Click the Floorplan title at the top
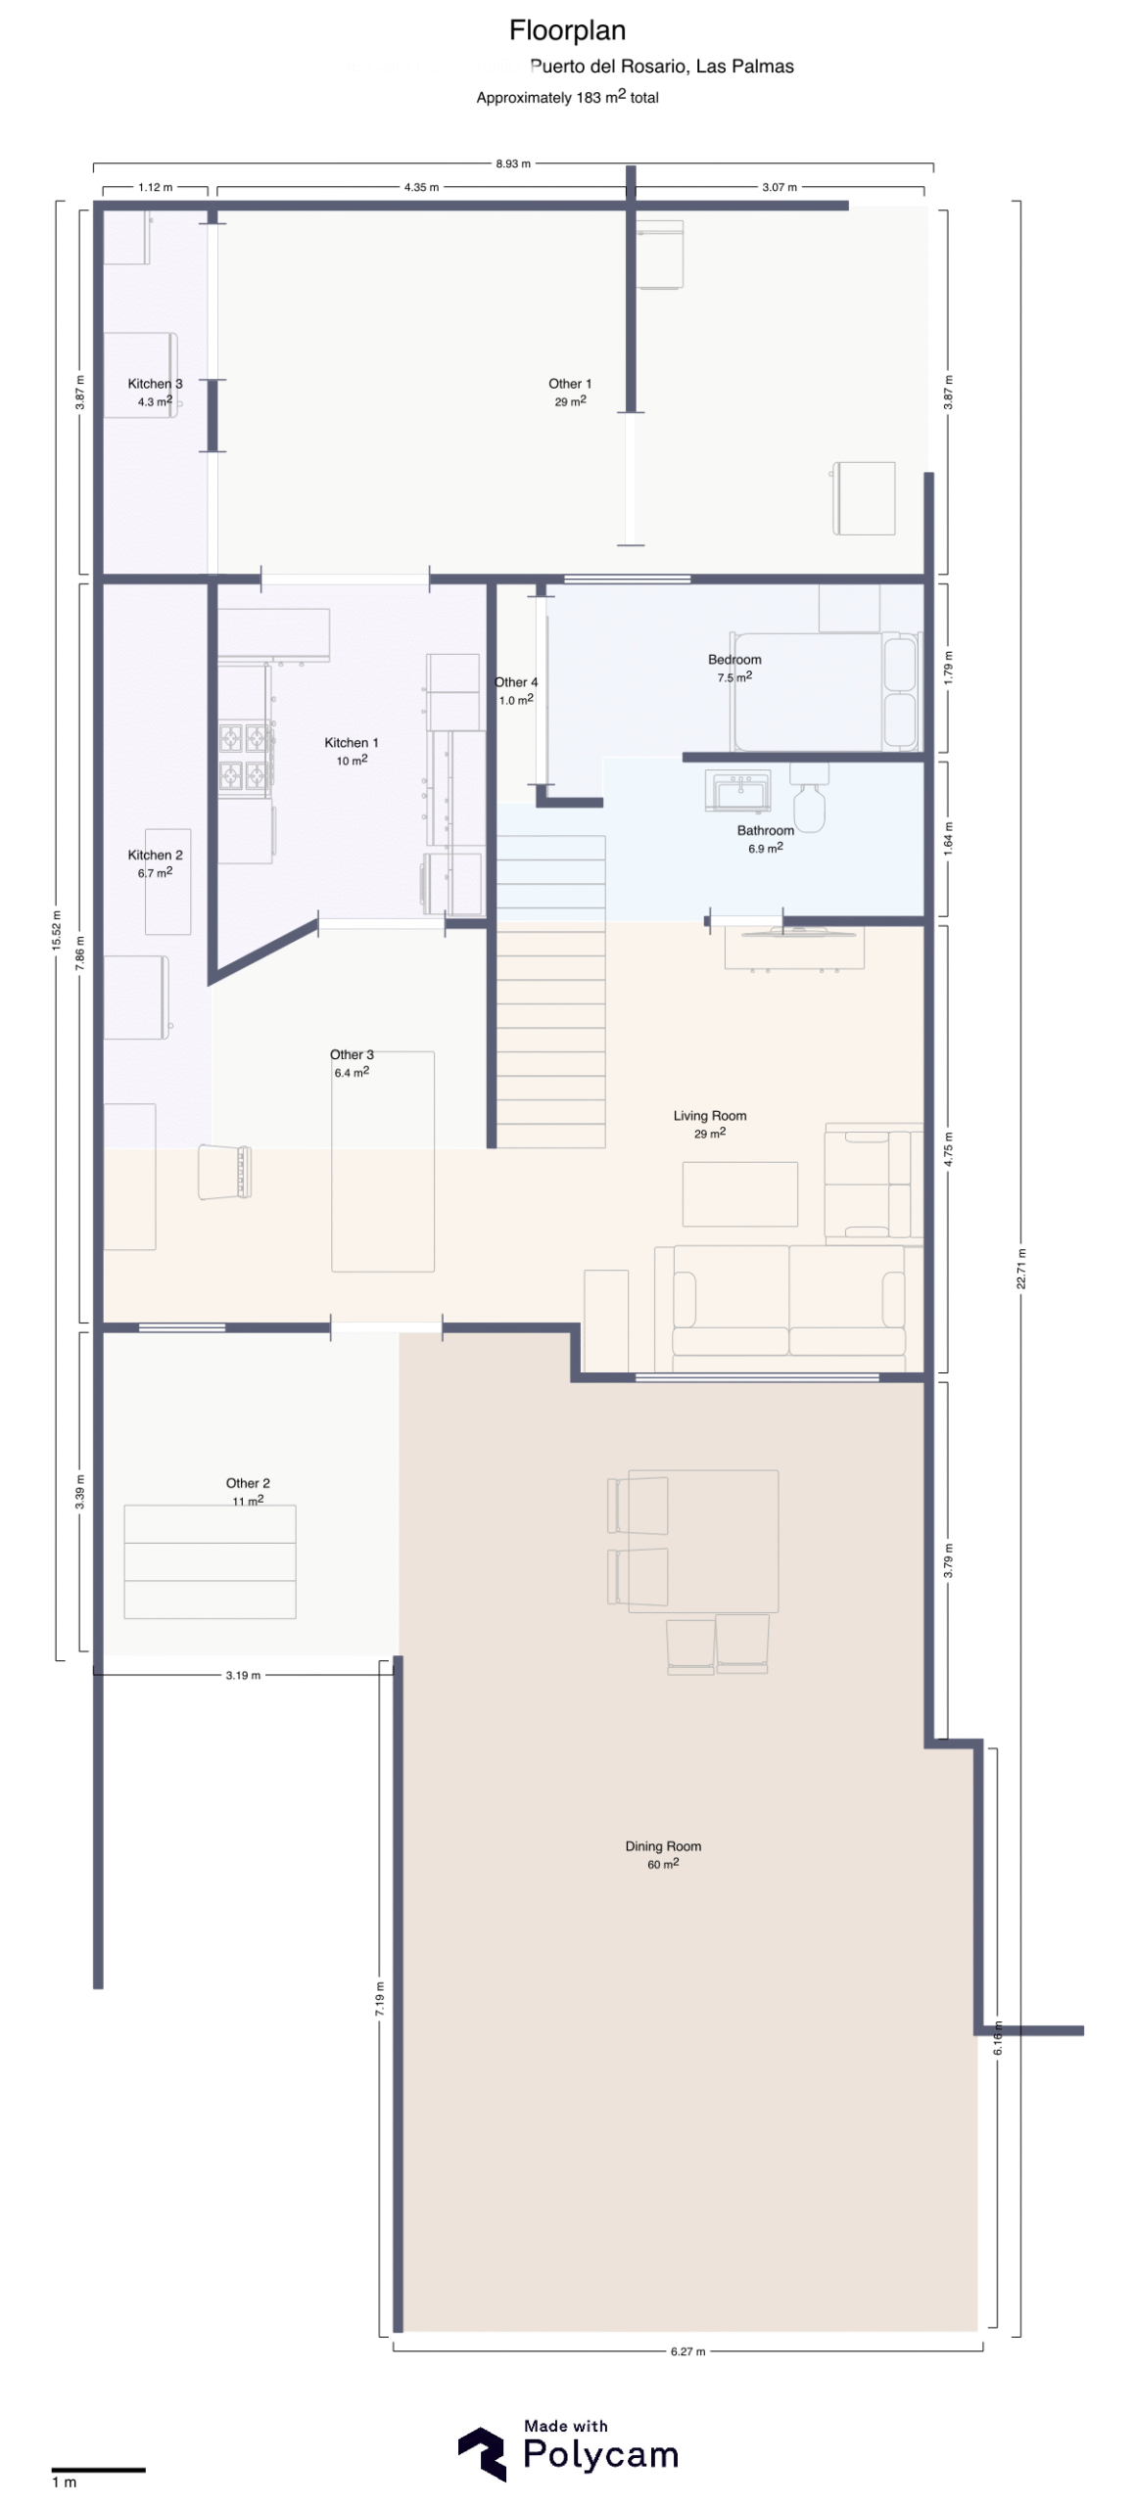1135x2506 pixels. [x=567, y=30]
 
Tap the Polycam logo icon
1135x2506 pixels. [x=482, y=2454]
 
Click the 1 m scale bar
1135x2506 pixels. [x=98, y=2470]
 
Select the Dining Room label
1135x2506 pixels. [x=663, y=1845]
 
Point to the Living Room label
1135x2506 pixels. [x=709, y=1115]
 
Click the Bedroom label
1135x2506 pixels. [x=734, y=659]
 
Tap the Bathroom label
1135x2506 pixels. [x=765, y=830]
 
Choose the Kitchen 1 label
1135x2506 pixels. [x=351, y=742]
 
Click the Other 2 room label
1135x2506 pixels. [x=248, y=1482]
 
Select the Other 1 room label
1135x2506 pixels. [x=570, y=383]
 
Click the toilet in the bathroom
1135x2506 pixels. [x=809, y=798]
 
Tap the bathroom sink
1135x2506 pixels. [x=737, y=790]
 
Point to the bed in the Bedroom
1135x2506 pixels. [x=825, y=691]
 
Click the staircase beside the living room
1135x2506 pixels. [x=550, y=990]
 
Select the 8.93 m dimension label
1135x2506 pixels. [x=513, y=163]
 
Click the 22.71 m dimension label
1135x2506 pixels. [x=1021, y=1269]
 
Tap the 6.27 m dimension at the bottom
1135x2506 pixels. [x=687, y=2351]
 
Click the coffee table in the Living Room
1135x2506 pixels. [x=739, y=1193]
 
